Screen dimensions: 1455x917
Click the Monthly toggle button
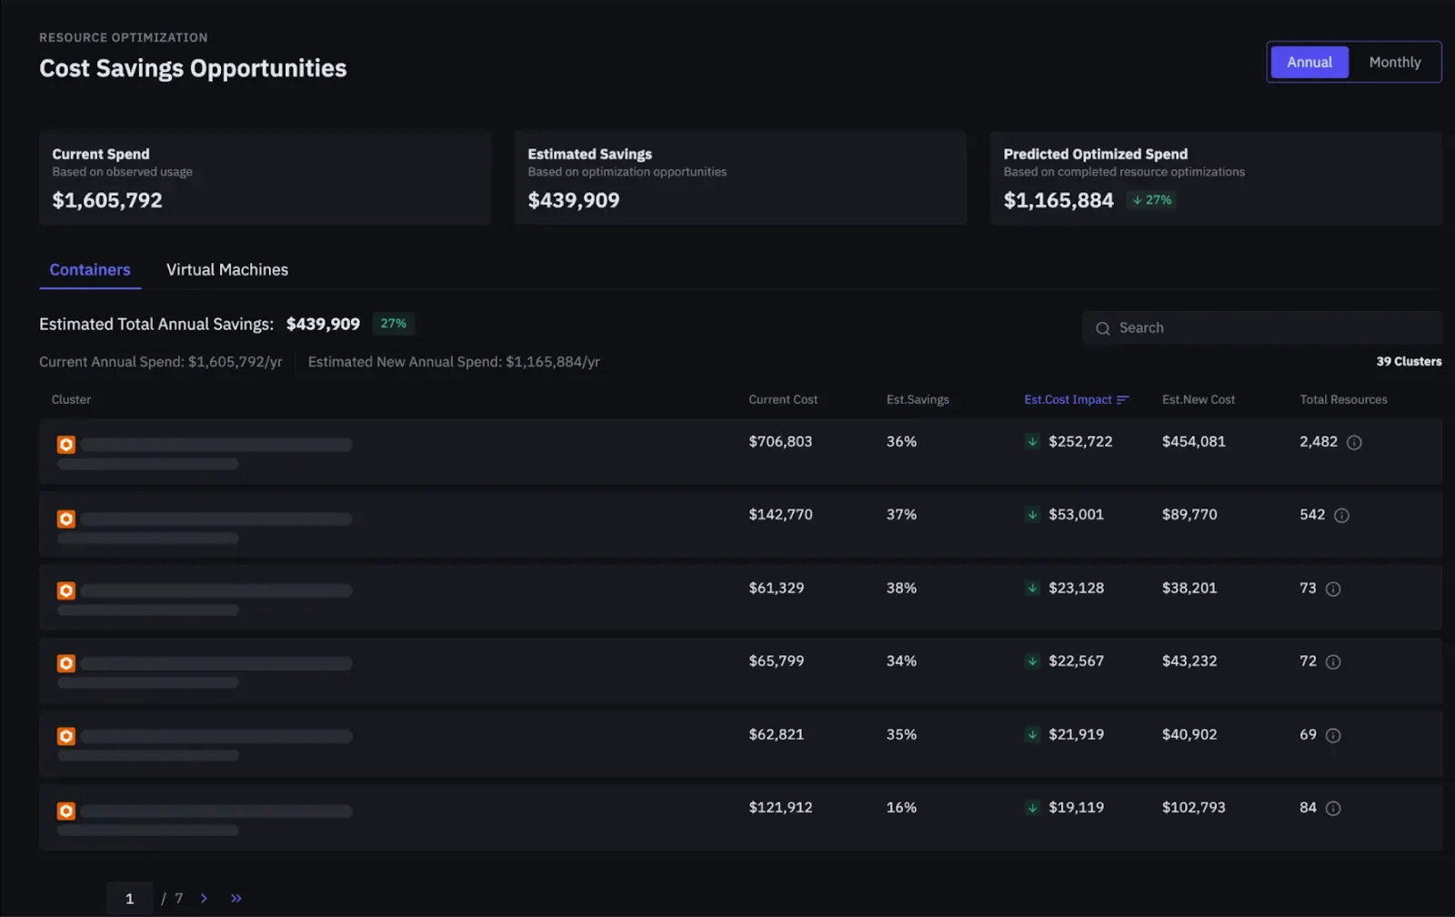[1395, 63]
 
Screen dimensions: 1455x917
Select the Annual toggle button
[1309, 63]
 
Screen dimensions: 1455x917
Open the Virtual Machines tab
[226, 269]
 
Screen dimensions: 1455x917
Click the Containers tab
[90, 269]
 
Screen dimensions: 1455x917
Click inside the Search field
[1261, 328]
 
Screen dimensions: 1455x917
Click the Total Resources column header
[1343, 399]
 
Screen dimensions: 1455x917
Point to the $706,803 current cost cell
[780, 442]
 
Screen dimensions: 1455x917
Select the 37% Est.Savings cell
[901, 515]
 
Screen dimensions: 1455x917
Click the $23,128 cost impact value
[1076, 589]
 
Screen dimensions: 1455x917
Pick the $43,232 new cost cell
[1189, 661]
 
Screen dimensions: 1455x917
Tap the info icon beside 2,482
[1354, 442]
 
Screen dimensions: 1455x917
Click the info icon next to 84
[1332, 809]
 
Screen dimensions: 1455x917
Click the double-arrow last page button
[236, 898]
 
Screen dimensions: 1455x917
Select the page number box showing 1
[129, 898]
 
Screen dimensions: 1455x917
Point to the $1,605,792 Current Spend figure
[107, 200]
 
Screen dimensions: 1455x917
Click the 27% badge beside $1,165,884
[1151, 200]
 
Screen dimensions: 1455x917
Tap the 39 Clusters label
[1409, 361]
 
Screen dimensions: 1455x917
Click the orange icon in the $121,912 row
[65, 811]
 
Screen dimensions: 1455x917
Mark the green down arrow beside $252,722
[1031, 442]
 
